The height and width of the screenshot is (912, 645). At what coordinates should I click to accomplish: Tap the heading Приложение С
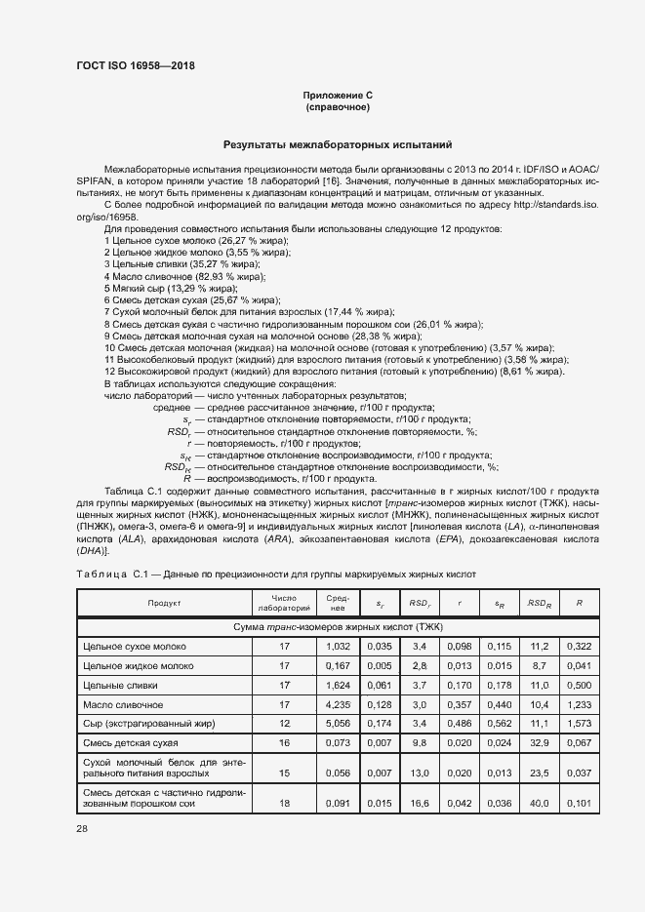tap(338, 95)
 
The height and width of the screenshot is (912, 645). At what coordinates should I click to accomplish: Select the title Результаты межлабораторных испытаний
tap(338, 143)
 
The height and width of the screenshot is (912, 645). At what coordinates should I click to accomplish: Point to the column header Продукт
tap(165, 603)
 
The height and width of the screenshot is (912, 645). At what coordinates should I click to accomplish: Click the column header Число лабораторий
tap(284, 603)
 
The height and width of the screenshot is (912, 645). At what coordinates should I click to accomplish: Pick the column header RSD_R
tap(539, 603)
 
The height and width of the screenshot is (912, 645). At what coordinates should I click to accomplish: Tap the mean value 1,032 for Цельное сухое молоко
tap(337, 646)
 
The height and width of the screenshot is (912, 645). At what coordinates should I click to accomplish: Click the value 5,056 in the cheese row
tap(337, 723)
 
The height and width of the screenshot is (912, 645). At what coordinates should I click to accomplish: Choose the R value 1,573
tap(580, 723)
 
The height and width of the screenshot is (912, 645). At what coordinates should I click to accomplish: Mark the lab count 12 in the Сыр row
tap(284, 723)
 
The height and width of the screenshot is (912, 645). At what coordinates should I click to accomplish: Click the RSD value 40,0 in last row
tap(539, 804)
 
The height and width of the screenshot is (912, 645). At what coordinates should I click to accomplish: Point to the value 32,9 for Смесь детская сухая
tap(539, 742)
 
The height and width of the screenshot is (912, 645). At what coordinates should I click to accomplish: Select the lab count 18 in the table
tap(284, 804)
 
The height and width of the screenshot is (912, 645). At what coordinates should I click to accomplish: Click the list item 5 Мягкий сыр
tap(171, 289)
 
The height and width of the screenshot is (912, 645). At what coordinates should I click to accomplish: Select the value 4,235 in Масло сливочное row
tap(337, 703)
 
